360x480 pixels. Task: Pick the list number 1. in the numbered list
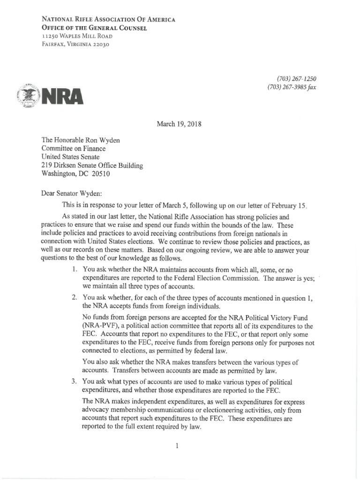coord(75,270)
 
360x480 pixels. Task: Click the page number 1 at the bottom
coord(177,446)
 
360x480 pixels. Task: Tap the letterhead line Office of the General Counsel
coord(94,28)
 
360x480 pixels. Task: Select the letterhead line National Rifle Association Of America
coord(108,20)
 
